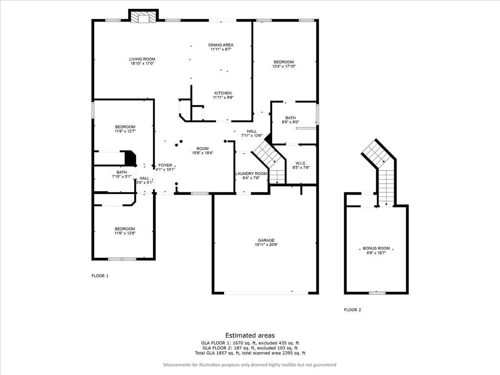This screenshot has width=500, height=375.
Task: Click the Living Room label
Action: (142, 59)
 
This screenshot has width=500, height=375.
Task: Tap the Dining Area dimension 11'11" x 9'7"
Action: (221, 50)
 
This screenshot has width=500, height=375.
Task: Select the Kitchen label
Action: (223, 93)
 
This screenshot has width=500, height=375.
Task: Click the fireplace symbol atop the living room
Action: (143, 17)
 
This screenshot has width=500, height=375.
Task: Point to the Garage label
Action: (266, 240)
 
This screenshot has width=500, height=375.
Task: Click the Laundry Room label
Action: (251, 174)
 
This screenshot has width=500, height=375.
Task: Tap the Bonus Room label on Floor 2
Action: (376, 248)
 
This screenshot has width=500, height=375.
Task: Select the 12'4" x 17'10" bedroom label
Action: (284, 62)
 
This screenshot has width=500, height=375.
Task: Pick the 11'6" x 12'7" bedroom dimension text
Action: (125, 131)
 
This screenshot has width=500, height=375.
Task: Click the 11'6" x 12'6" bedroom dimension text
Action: (125, 233)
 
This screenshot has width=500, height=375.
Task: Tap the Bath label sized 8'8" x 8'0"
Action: (290, 118)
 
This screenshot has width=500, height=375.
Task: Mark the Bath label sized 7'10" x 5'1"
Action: (122, 172)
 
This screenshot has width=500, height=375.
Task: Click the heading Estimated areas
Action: (250, 335)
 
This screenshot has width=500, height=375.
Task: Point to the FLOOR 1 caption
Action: (100, 276)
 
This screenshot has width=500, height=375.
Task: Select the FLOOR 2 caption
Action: (352, 310)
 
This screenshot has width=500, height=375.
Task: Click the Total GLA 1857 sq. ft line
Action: (250, 353)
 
